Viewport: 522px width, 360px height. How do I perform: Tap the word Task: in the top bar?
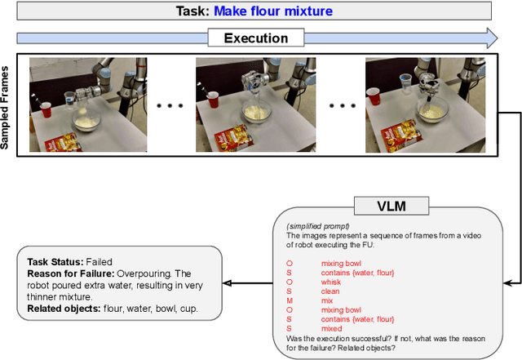pos(192,11)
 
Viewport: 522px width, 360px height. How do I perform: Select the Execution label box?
pos(256,38)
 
